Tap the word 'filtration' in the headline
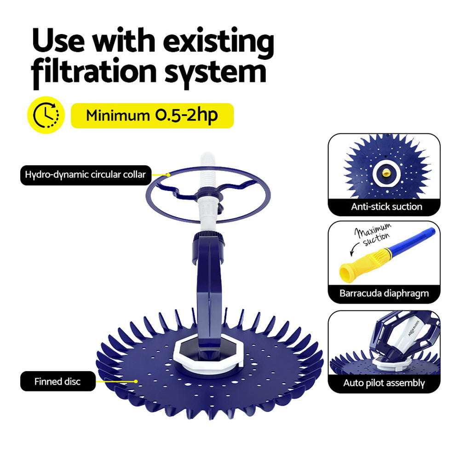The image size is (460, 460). [x=94, y=72]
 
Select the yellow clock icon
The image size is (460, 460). [x=46, y=115]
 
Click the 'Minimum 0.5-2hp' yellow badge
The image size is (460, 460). [x=152, y=115]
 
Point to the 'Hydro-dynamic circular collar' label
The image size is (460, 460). [x=86, y=175]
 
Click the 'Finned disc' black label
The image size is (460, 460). [x=58, y=381]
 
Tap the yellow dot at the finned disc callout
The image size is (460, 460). [x=136, y=381]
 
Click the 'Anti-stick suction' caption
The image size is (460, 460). [x=386, y=207]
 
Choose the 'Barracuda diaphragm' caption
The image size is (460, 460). [x=384, y=293]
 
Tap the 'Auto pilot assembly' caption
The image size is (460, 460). [x=384, y=383]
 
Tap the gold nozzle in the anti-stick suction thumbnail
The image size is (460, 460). [x=386, y=173]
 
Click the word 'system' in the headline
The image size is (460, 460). [x=216, y=73]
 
